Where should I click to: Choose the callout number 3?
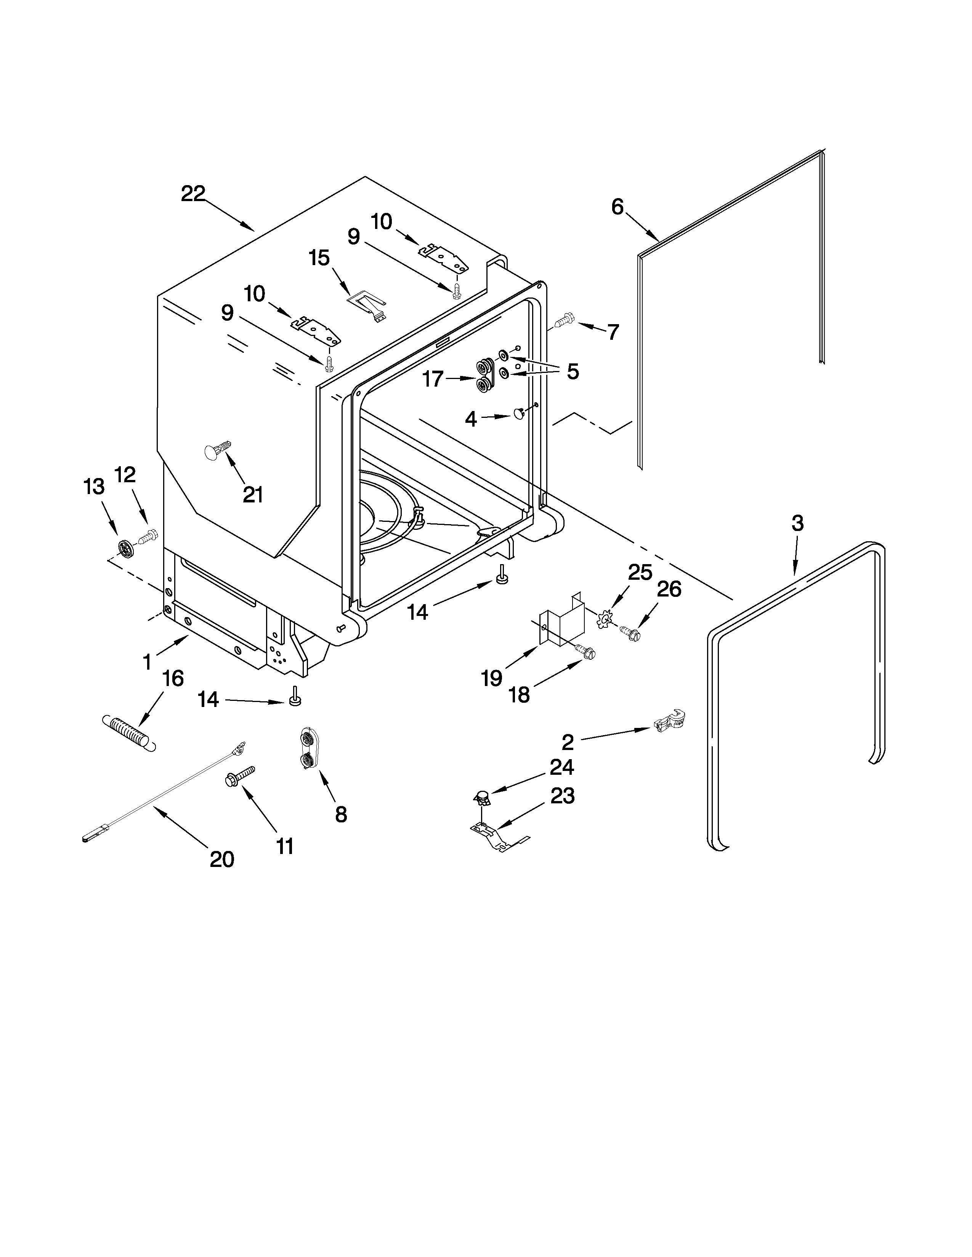[x=797, y=523]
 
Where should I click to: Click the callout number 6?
[x=617, y=206]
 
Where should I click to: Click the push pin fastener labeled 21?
[x=217, y=451]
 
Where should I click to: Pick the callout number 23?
[x=562, y=796]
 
